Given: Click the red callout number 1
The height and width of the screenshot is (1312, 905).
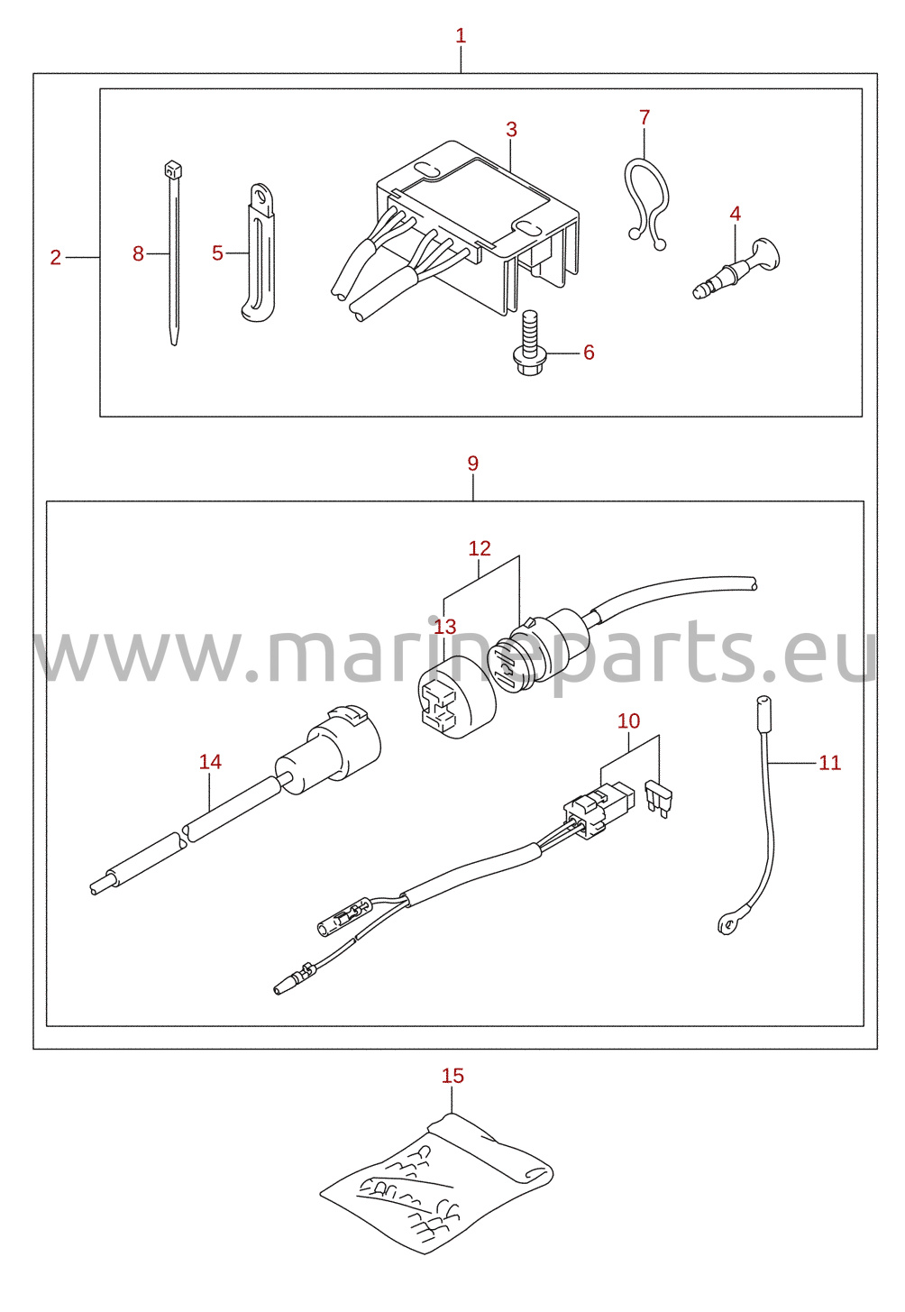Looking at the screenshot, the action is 461,36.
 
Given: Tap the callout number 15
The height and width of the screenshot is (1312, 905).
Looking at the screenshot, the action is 452,1076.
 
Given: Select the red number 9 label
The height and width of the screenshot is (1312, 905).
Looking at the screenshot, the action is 473,463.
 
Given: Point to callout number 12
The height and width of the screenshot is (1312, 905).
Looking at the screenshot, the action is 480,548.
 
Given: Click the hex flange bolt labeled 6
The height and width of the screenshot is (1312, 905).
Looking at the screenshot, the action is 529,344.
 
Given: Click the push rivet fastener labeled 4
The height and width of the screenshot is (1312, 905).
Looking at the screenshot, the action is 737,269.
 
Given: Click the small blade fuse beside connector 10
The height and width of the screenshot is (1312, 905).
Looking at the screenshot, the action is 659,798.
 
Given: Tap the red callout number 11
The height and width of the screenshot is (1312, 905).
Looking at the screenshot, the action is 829,763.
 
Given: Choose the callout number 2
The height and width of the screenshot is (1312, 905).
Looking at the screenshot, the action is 56,257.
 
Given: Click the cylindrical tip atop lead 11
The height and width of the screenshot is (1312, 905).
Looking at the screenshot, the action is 763,714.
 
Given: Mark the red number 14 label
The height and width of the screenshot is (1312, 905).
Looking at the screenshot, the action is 210,761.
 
